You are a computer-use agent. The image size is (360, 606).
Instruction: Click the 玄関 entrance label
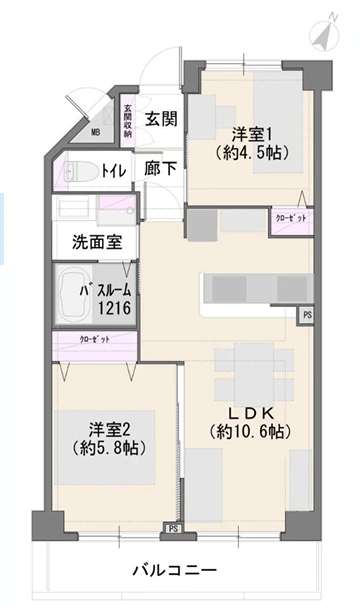(161, 119)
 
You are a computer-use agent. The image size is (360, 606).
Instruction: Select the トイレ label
(114, 171)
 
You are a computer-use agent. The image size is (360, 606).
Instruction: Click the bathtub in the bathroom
(69, 296)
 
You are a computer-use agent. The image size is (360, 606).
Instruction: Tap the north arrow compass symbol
(322, 33)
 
